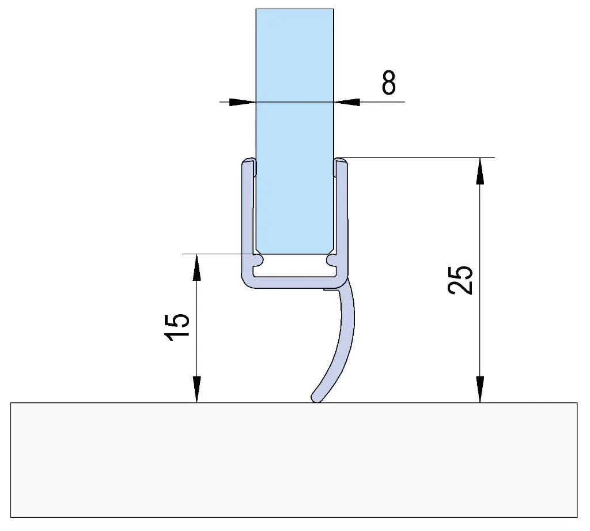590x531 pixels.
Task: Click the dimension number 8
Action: click(x=389, y=82)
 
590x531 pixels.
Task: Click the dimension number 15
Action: click(x=177, y=327)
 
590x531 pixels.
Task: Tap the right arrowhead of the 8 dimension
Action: click(x=347, y=101)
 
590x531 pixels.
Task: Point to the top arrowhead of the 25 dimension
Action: click(x=480, y=171)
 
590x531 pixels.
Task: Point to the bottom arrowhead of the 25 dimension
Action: click(x=480, y=389)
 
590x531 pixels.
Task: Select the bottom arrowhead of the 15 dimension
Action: click(x=197, y=389)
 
